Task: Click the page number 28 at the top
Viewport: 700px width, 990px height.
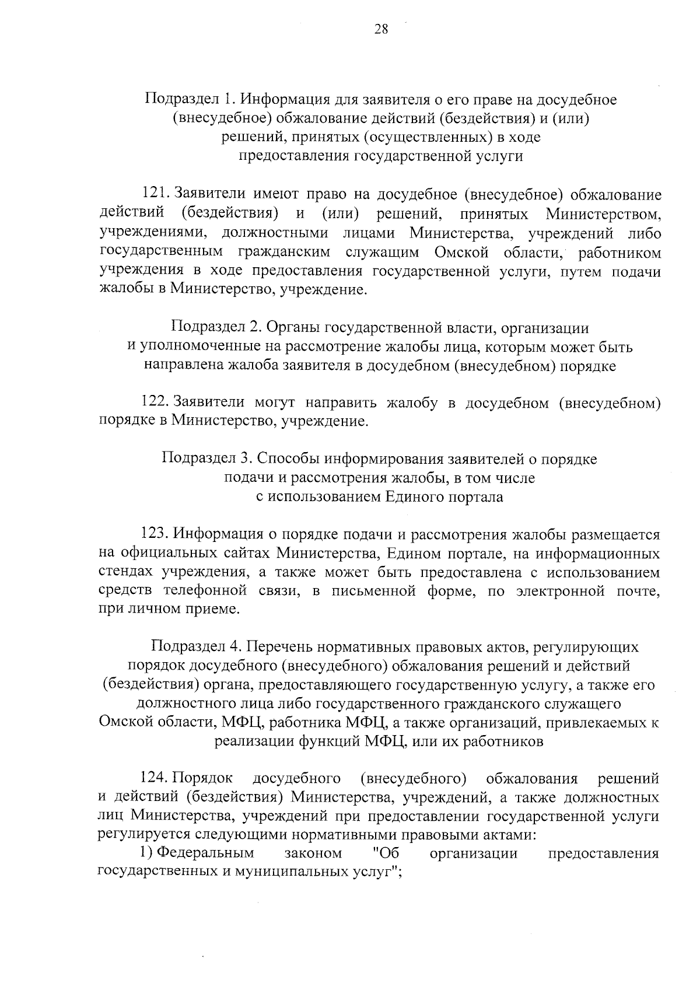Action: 381,30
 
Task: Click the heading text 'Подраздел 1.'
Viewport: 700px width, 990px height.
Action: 190,100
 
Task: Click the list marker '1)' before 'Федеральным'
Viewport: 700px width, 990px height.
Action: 146,853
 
